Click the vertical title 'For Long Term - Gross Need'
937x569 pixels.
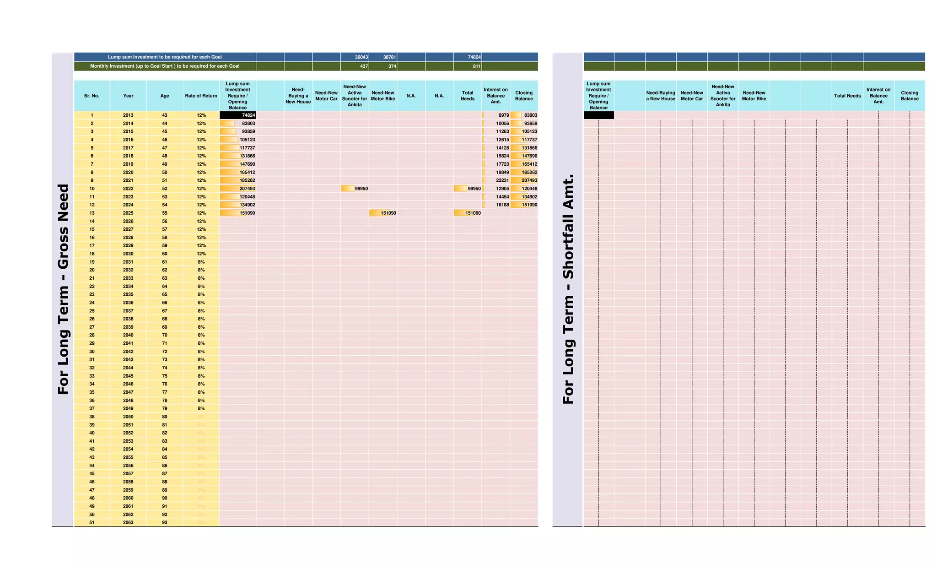pos(63,289)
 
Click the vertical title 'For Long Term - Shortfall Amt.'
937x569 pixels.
pos(568,289)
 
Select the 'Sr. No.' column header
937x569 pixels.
pos(92,96)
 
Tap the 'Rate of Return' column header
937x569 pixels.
pos(201,96)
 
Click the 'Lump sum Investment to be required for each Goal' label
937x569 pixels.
pos(165,57)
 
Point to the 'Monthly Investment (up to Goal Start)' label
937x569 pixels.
pos(165,66)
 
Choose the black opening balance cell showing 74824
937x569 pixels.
pos(238,115)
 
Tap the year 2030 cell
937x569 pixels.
pos(128,254)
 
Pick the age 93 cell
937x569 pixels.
pos(165,522)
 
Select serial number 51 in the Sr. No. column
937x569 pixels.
pos(92,522)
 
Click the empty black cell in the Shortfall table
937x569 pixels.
pos(598,115)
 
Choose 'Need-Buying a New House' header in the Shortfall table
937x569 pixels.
pos(661,96)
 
